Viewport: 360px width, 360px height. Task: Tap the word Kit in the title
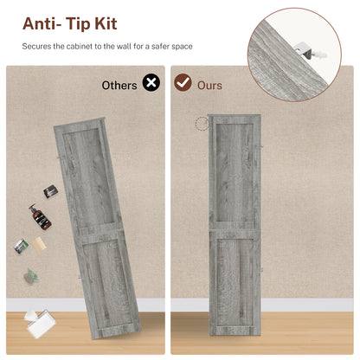point(106,23)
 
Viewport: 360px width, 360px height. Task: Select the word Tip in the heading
point(78,24)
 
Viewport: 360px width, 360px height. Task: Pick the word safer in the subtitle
point(160,46)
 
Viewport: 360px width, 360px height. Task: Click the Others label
point(119,86)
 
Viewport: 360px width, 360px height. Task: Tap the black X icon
point(151,82)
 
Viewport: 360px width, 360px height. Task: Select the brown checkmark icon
point(183,82)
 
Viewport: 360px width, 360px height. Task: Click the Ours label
point(209,86)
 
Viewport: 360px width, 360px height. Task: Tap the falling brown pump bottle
point(40,217)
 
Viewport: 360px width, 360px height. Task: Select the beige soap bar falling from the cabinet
point(40,244)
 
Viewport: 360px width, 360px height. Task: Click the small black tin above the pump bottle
point(51,191)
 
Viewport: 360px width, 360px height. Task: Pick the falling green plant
point(31,276)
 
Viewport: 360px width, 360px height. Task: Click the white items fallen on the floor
point(40,324)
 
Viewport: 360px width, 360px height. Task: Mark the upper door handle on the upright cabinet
point(261,147)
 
